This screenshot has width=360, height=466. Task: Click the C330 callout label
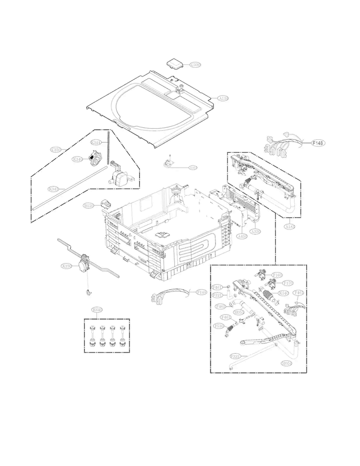click(195, 64)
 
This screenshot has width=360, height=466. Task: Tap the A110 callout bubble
click(223, 98)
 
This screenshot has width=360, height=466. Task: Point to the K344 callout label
click(96, 143)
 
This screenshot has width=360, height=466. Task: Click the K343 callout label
click(54, 189)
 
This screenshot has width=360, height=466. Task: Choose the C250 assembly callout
click(56, 150)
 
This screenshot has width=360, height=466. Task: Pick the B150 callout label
click(88, 206)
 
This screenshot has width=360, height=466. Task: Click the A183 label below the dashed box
click(290, 226)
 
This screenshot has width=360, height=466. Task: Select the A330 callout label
click(256, 232)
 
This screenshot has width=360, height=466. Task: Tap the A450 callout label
click(242, 236)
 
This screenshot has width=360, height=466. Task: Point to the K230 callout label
click(66, 266)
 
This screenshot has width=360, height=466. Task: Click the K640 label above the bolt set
click(97, 310)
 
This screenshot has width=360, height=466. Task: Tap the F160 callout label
click(277, 275)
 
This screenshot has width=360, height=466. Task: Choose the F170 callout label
click(288, 283)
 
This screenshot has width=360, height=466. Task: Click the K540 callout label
click(284, 293)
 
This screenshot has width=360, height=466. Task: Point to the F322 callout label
click(235, 356)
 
